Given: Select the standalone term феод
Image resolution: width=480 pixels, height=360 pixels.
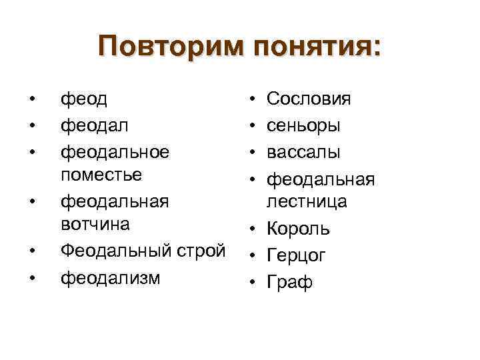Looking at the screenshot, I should tap(85, 99).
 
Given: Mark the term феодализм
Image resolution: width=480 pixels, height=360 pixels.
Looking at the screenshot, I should tap(110, 277).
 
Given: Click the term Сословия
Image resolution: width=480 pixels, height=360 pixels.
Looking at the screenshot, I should tap(309, 99).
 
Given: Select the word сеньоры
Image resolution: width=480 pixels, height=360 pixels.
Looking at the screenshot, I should tap(304, 125).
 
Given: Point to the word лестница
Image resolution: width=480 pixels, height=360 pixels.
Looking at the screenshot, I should tap(307, 201).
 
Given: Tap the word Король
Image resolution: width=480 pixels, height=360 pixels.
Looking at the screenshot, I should tap(298, 229).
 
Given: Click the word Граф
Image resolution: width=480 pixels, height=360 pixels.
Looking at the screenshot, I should tap(289, 282).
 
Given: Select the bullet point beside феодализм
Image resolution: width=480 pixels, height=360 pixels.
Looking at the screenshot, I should tap(31, 277).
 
